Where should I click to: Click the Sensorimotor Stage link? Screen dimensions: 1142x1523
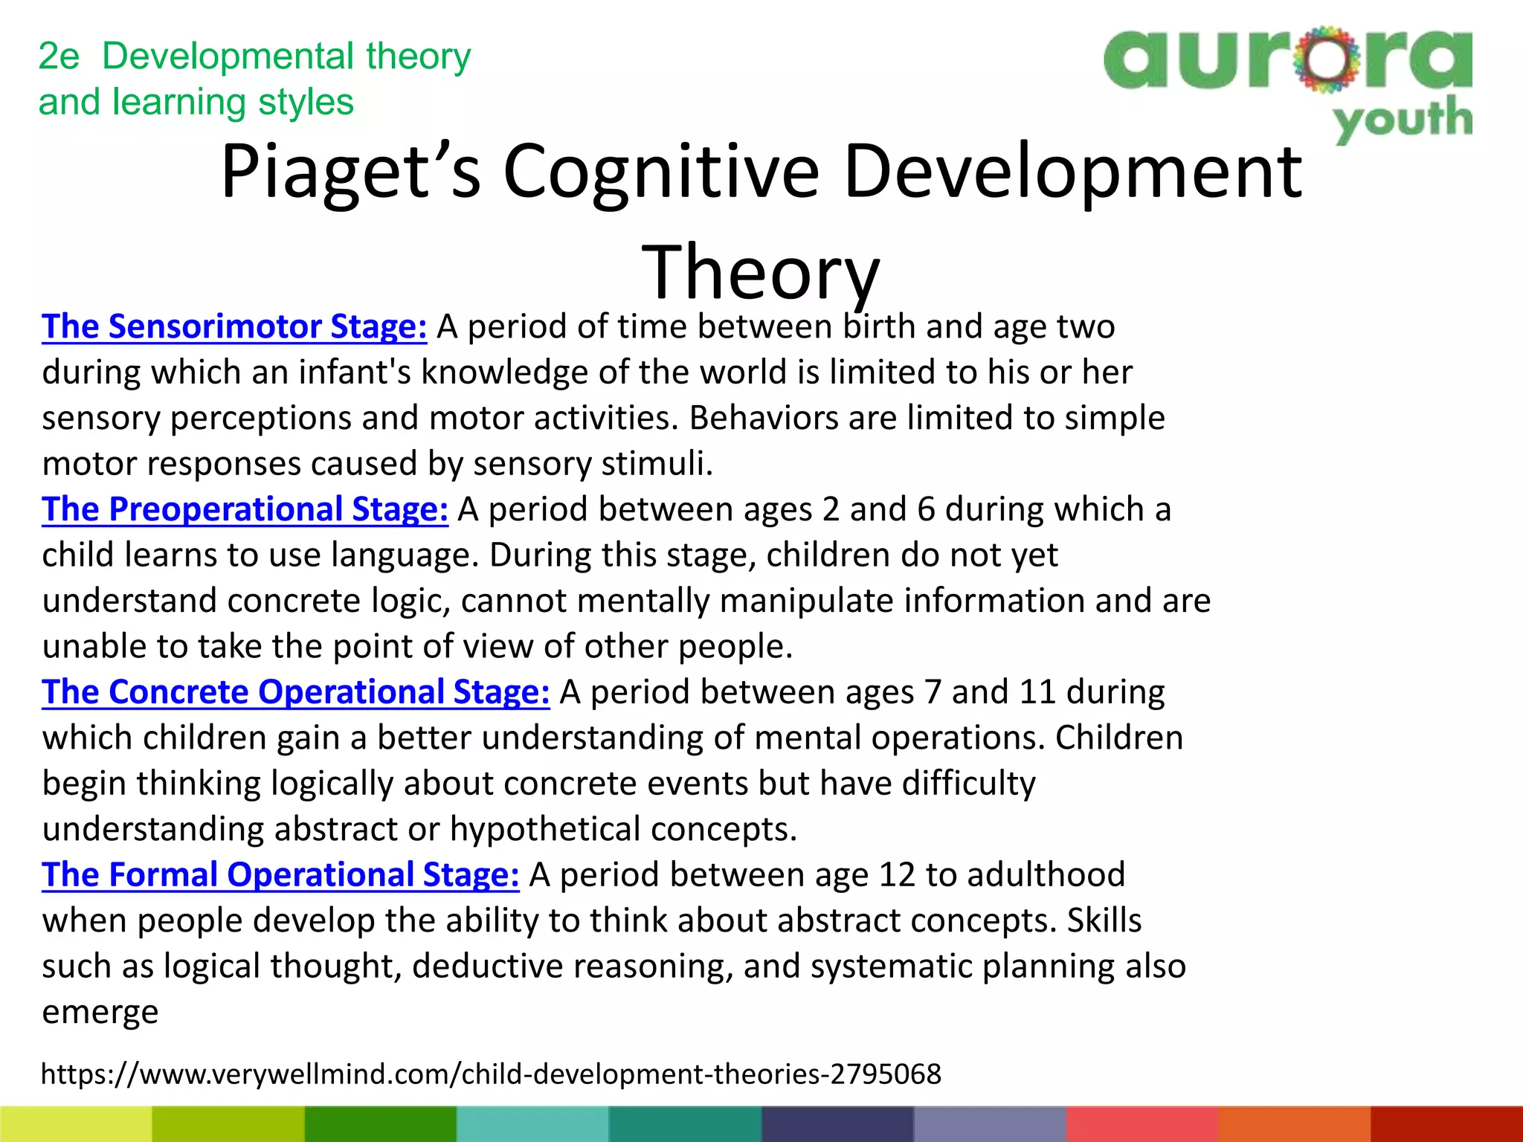(x=234, y=327)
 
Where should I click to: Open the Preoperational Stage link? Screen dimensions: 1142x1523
(x=245, y=510)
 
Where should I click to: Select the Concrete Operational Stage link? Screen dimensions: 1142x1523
(x=295, y=693)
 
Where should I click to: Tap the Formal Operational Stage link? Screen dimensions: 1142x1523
(x=280, y=876)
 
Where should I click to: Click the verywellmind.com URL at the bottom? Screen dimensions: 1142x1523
(x=491, y=1074)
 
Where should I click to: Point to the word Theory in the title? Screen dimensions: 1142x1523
(x=760, y=274)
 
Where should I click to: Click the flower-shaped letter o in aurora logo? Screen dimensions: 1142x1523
(x=1326, y=59)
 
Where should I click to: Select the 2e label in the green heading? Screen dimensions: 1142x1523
(x=58, y=57)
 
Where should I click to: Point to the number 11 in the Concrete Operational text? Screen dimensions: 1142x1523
(x=1037, y=693)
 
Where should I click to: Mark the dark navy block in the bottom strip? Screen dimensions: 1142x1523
(x=837, y=1124)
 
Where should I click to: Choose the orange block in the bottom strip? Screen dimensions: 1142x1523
(x=1294, y=1124)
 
